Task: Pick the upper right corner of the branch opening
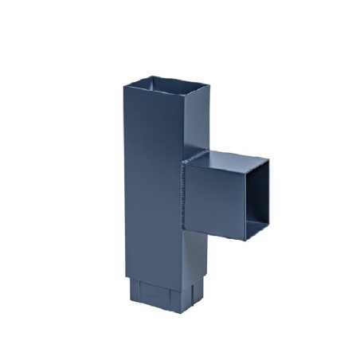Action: (268, 161)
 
